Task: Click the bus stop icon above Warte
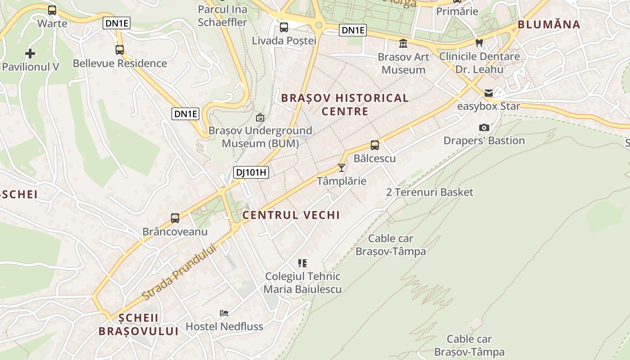tap(52, 10)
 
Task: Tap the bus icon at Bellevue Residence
tap(120, 50)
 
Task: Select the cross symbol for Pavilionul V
tap(30, 54)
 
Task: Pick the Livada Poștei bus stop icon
tap(284, 27)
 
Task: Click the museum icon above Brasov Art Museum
tap(403, 44)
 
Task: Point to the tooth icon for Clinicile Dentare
tap(479, 43)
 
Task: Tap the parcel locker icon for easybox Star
tap(489, 93)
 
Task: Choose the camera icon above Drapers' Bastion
tap(484, 127)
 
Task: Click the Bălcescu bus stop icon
tap(375, 145)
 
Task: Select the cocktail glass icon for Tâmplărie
tap(342, 168)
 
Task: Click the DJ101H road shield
tap(251, 172)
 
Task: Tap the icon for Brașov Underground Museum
tap(260, 117)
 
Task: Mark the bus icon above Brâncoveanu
tap(175, 218)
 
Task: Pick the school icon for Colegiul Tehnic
tap(302, 263)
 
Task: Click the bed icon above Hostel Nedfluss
tap(224, 313)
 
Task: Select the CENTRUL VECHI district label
tap(291, 215)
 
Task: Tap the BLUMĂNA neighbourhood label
tap(549, 24)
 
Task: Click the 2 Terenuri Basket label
tap(430, 192)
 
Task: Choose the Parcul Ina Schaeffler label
tap(223, 16)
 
